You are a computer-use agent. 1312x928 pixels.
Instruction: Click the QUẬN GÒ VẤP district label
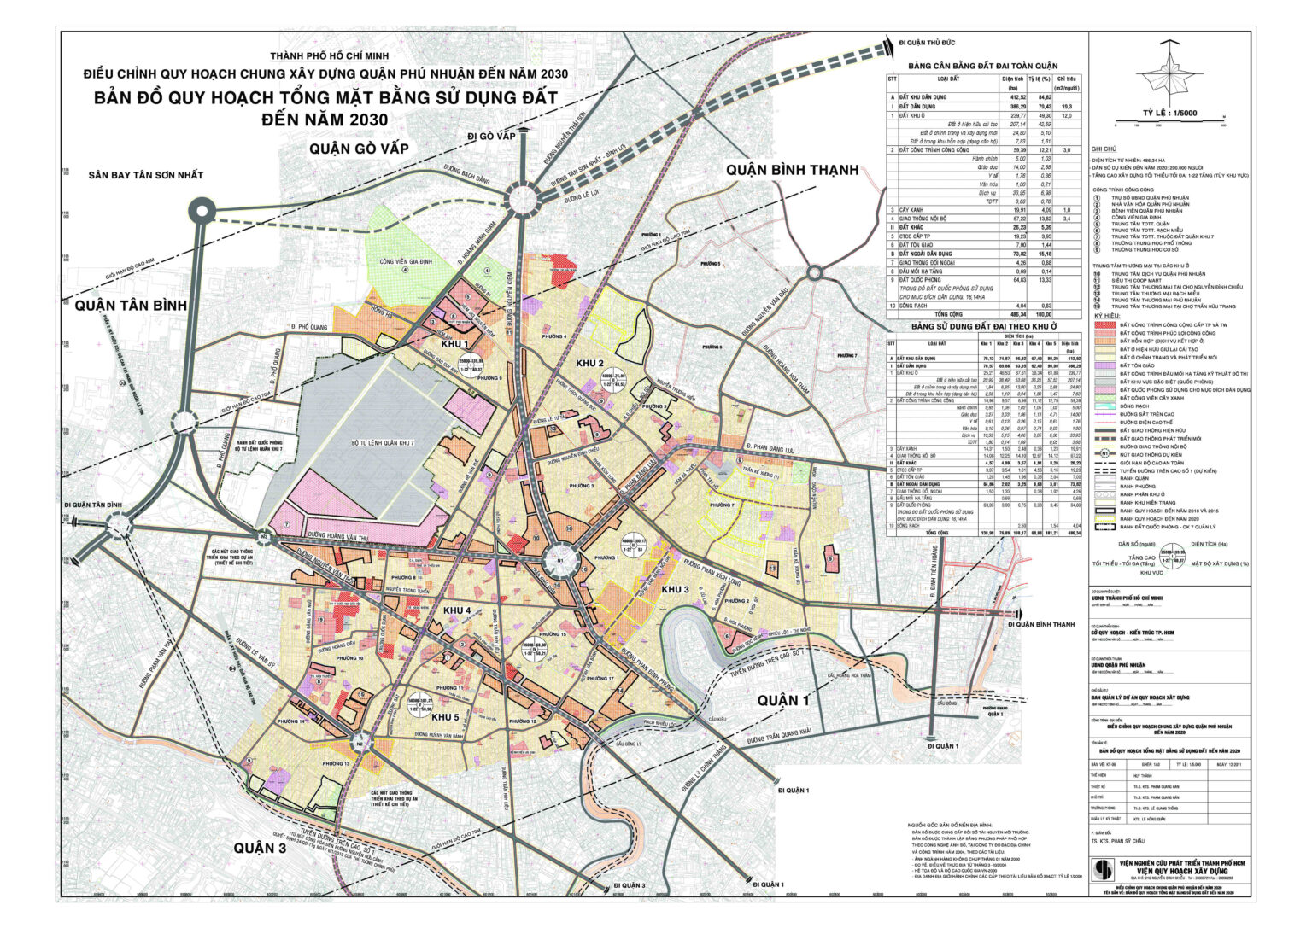point(359,149)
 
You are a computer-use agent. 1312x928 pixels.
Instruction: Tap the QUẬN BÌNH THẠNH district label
point(792,170)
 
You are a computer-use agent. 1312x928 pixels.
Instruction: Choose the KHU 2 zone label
point(589,362)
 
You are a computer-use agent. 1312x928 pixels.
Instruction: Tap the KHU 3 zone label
point(675,590)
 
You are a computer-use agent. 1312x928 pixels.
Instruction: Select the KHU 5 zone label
point(444,717)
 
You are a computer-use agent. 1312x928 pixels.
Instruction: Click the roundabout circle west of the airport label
point(203,210)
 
